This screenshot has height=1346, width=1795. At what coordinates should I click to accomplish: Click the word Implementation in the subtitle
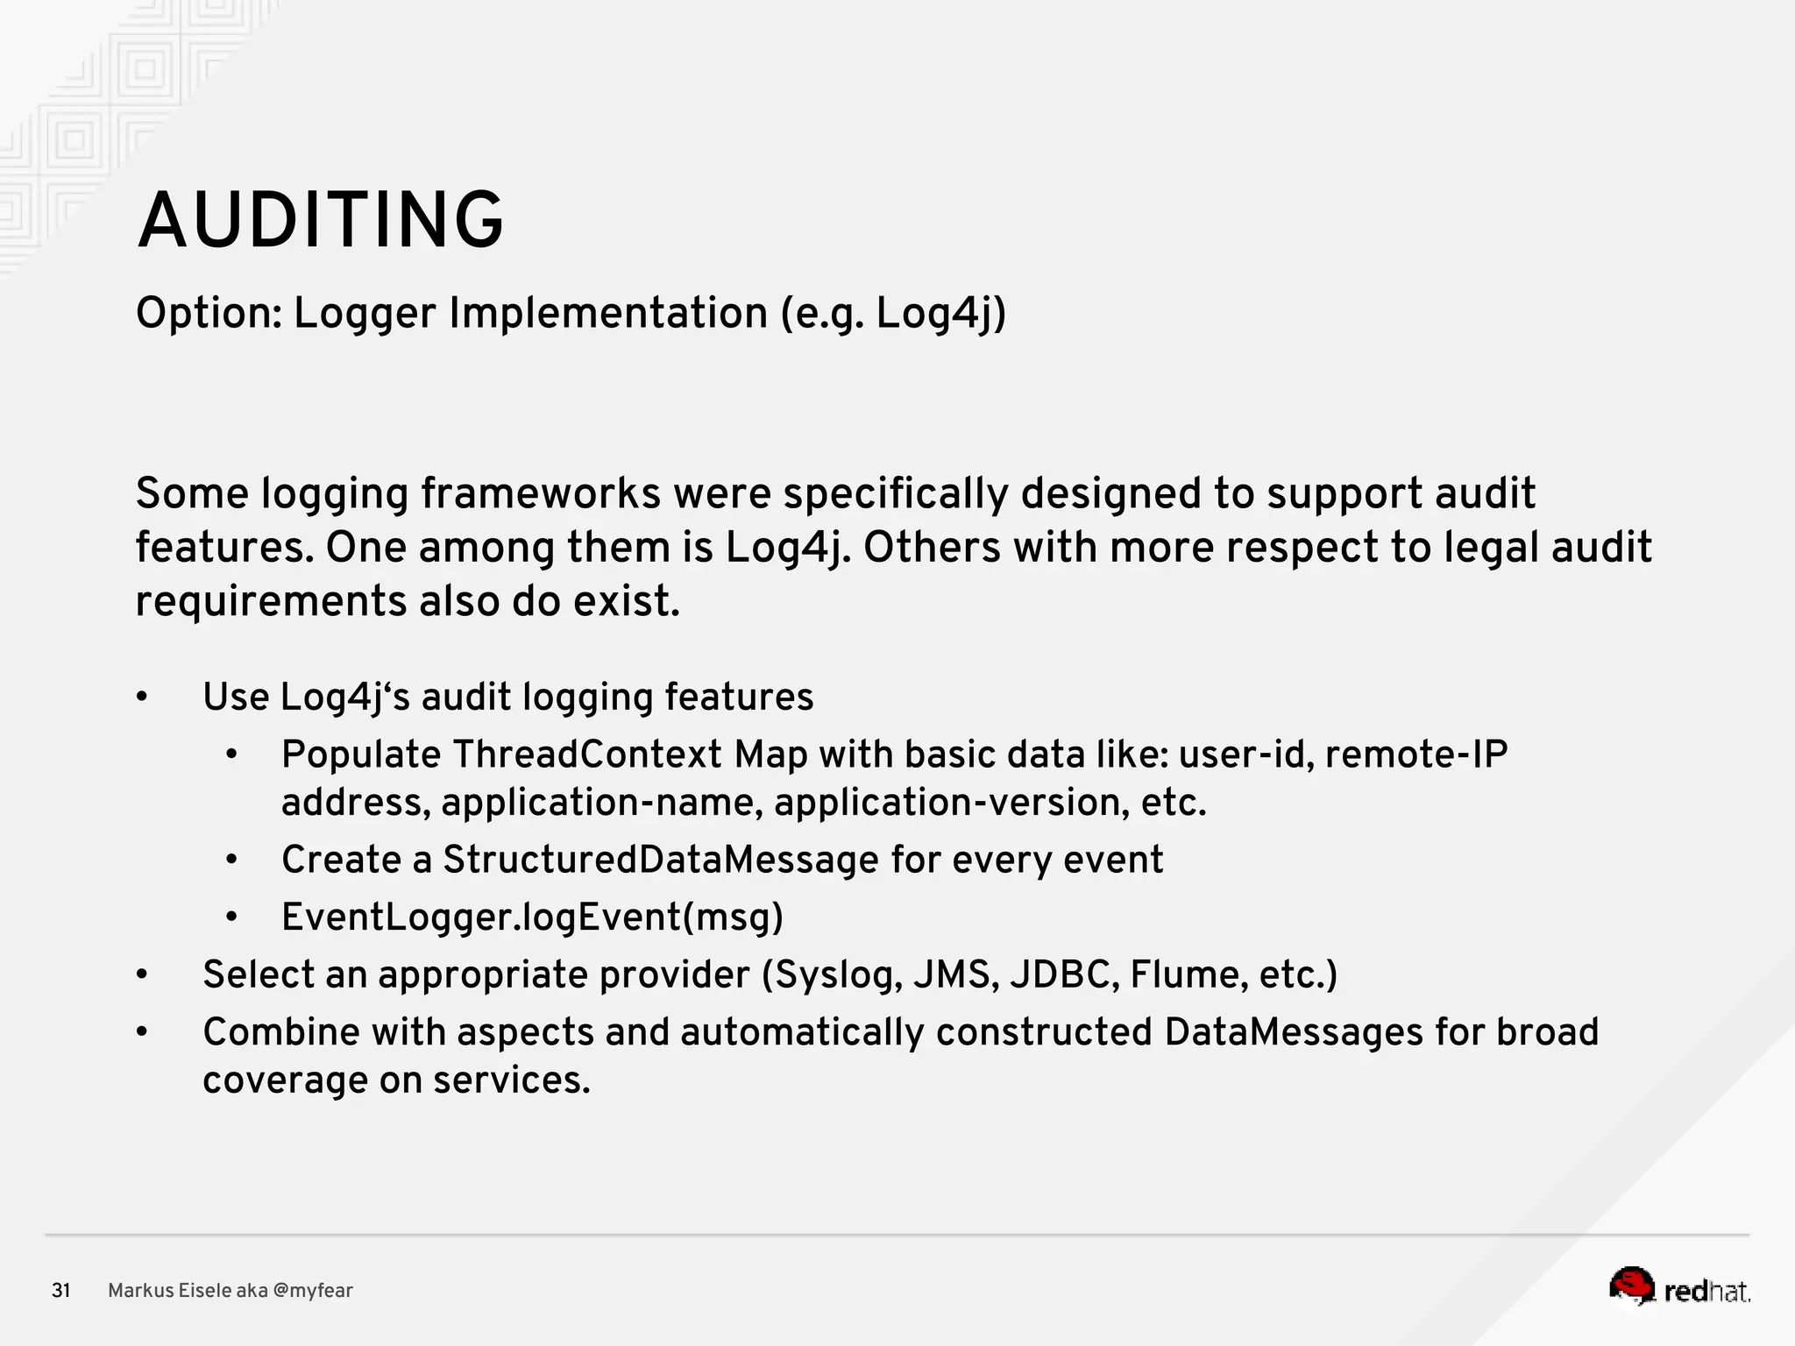608,314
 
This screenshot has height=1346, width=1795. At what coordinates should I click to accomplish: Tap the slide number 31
60,1291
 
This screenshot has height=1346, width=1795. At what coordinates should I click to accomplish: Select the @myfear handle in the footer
313,1291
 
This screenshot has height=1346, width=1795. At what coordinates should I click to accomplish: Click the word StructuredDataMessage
660,860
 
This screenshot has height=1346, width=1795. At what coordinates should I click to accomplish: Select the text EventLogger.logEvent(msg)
532,917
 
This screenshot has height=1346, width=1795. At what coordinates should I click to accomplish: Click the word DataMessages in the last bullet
1294,1032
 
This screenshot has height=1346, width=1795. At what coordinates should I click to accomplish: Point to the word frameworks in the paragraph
541,493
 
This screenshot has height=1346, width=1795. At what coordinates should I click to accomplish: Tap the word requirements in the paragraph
271,602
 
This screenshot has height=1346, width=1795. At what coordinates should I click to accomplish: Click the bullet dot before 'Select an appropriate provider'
142,975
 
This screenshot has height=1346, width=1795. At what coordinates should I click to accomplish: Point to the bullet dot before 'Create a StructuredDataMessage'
231,860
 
